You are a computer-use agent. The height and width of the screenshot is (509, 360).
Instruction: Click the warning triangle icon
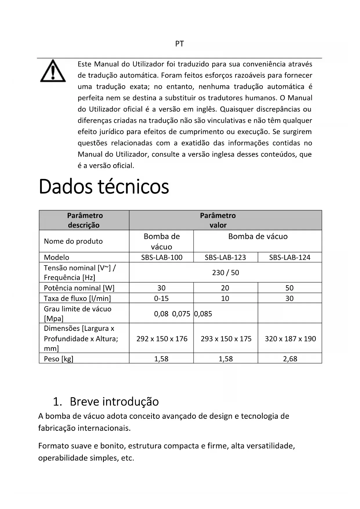[53, 71]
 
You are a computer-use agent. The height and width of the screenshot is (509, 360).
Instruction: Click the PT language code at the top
[180, 44]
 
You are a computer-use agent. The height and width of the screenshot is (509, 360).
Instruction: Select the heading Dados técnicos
[104, 187]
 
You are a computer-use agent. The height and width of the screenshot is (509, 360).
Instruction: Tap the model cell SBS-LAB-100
[162, 257]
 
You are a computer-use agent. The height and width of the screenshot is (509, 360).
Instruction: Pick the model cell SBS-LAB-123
[225, 257]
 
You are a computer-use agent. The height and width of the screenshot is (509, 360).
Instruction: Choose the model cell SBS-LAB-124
[290, 257]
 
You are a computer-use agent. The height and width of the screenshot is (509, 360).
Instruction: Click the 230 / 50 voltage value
[225, 272]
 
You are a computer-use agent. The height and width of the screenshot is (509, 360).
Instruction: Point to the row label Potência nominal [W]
[79, 288]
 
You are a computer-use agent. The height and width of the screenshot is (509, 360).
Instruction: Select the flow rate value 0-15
[161, 298]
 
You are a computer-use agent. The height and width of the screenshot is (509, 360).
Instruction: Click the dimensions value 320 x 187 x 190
[290, 339]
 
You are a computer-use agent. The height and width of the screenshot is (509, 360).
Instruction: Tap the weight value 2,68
[290, 359]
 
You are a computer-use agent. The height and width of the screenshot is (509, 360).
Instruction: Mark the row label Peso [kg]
[59, 359]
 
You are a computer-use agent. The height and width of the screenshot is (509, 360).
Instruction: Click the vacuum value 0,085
[203, 314]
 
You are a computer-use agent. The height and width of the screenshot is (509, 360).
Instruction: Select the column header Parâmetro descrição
[84, 220]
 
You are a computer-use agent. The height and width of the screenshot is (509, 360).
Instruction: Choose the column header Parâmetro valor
[218, 220]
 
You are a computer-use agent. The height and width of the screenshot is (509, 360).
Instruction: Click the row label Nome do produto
[73, 241]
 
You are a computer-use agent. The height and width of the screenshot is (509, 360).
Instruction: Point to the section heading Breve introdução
[114, 402]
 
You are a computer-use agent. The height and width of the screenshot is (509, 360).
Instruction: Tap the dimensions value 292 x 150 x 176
[162, 339]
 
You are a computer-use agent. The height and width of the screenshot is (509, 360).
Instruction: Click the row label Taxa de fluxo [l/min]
[77, 298]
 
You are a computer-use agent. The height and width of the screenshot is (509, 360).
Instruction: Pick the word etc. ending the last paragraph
[127, 458]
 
